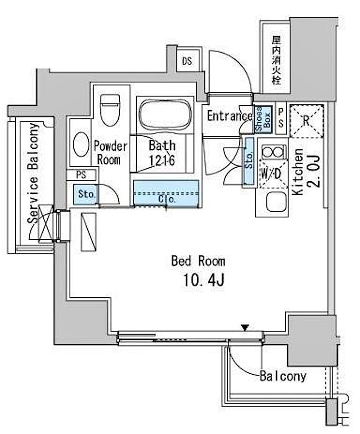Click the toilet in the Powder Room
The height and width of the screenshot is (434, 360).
[110, 110]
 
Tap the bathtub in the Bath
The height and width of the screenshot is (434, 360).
[165, 114]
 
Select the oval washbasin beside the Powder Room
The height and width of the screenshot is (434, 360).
[81, 144]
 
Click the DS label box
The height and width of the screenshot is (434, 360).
[187, 61]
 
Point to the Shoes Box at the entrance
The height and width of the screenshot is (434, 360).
[263, 120]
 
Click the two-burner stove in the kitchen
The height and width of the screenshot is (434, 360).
[273, 152]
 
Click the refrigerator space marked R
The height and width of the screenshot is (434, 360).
[306, 121]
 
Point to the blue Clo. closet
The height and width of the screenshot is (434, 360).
[166, 193]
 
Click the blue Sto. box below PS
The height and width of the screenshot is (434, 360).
[85, 194]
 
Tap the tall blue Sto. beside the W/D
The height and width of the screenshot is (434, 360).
[249, 161]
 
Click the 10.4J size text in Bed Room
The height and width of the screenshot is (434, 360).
[203, 281]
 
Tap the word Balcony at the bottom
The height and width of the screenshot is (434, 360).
[283, 376]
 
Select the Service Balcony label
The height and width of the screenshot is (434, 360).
[33, 173]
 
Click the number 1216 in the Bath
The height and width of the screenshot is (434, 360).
[162, 160]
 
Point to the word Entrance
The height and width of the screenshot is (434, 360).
[230, 116]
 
